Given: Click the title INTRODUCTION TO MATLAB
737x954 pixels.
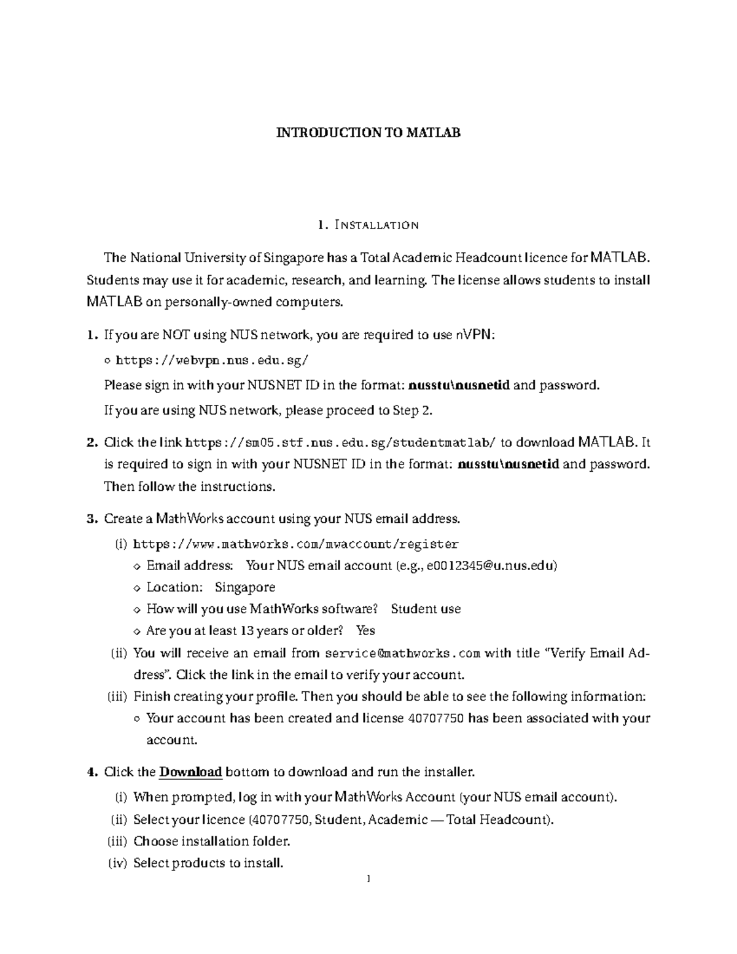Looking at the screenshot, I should (x=368, y=133).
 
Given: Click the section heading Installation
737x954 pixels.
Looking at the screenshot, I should (x=368, y=225).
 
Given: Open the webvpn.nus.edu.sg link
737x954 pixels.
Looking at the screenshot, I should (x=213, y=361).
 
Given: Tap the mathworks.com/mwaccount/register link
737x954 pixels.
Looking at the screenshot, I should (x=295, y=544).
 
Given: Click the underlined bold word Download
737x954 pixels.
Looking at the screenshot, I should (x=190, y=772).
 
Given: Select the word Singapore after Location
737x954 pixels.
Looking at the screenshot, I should (x=245, y=587).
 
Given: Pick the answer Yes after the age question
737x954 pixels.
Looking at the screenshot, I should (x=365, y=631).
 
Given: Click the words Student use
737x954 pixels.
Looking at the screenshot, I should (x=426, y=609).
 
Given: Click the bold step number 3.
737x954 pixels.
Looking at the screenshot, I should (x=92, y=519).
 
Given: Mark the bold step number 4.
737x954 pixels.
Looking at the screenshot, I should (x=92, y=772).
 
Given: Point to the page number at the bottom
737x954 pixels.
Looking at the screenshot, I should (x=368, y=879).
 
